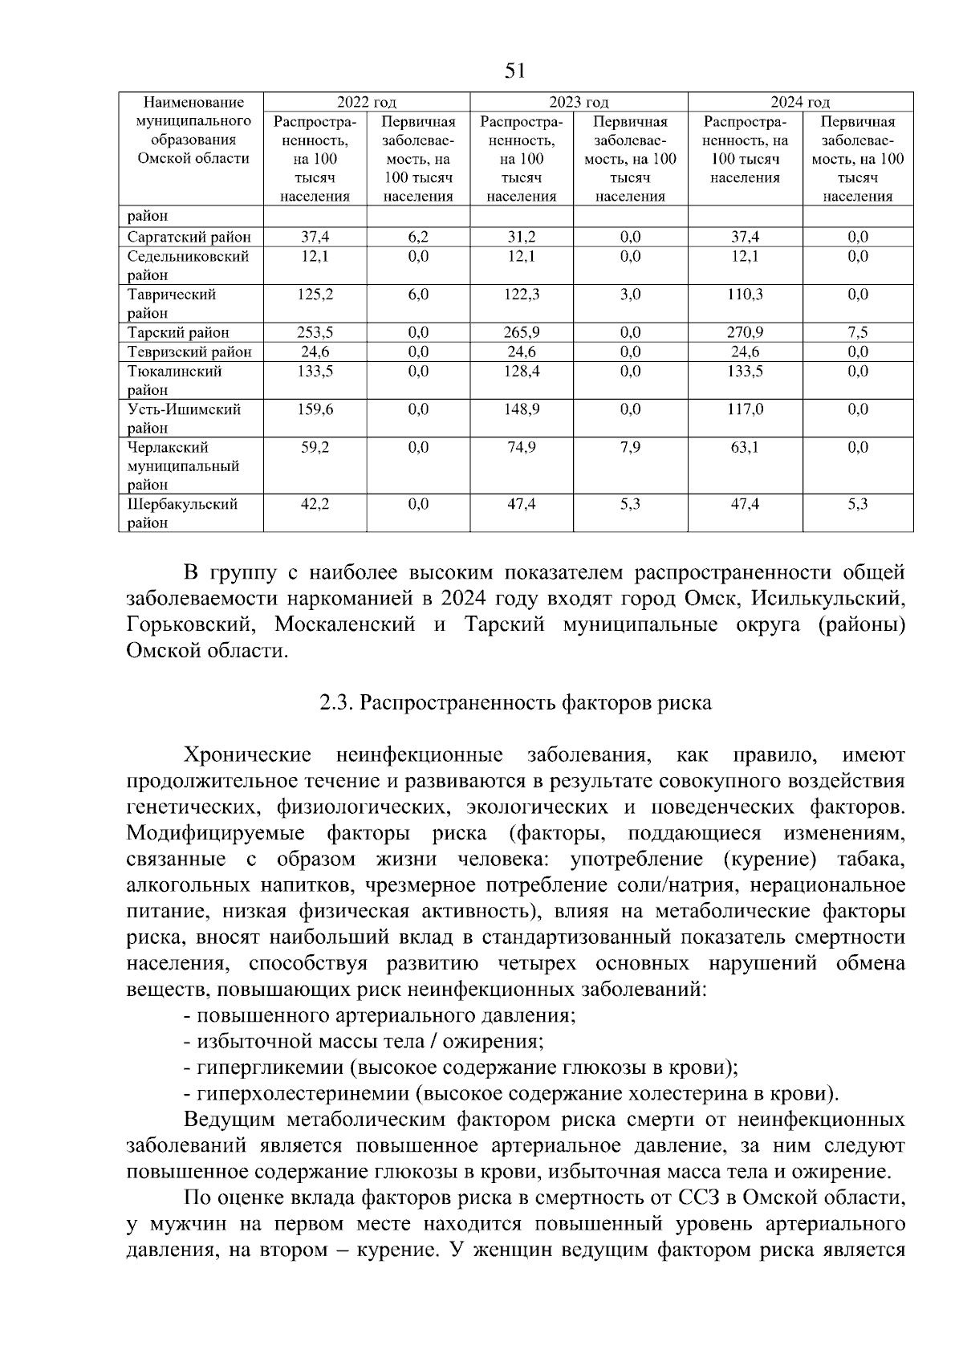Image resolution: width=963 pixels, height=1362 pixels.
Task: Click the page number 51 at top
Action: [515, 71]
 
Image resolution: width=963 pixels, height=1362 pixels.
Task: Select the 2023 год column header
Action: [579, 102]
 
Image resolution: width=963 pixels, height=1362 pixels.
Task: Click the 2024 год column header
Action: [800, 102]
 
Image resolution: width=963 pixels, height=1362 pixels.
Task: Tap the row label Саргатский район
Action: [189, 237]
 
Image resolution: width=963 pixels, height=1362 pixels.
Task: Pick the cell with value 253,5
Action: [315, 332]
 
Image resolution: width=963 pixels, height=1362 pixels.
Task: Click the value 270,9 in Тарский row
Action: [745, 332]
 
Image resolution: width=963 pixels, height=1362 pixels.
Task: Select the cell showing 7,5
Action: [857, 332]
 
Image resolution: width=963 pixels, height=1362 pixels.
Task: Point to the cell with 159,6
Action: [315, 409]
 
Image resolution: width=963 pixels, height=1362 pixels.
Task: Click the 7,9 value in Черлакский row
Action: [630, 447]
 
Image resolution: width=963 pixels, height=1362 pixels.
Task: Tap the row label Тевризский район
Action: [189, 352]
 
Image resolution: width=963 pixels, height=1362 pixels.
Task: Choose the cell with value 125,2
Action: [315, 295]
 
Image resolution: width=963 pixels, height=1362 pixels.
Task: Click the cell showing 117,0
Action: [745, 409]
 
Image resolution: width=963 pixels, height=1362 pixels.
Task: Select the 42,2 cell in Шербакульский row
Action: [315, 504]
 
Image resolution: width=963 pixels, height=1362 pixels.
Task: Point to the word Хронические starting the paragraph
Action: [247, 755]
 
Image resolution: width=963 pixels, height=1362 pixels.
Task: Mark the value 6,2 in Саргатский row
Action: [417, 237]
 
